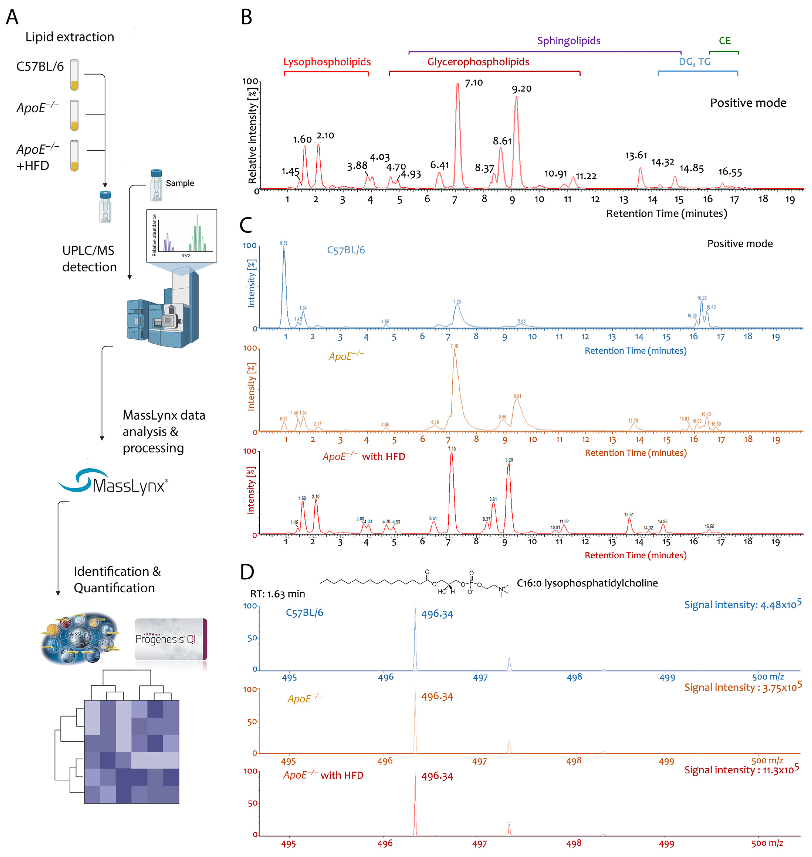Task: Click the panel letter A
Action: tap(12, 17)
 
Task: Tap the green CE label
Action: tap(725, 41)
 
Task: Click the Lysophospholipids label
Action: tap(327, 62)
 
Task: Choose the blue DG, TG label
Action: tap(694, 62)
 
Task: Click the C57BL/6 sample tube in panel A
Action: tap(75, 75)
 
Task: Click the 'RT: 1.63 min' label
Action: tap(277, 594)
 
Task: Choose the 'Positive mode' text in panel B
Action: tap(748, 103)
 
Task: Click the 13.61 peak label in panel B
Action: tap(636, 155)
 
